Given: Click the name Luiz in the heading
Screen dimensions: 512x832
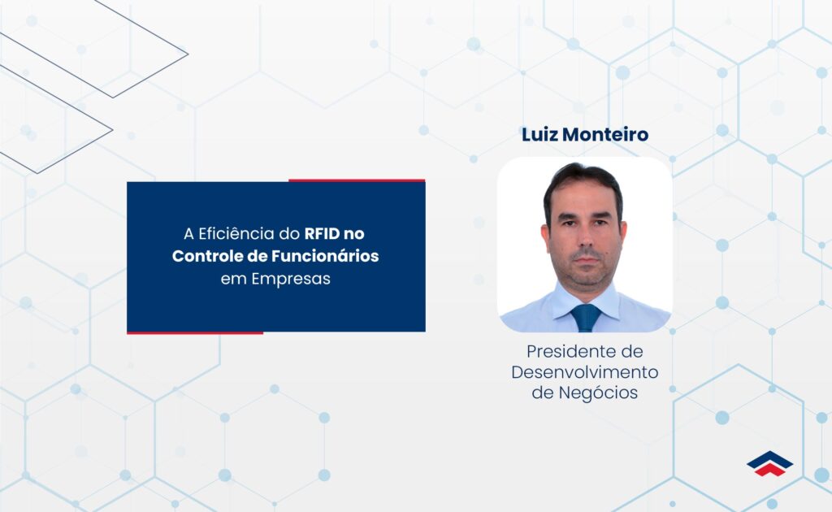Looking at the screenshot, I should [x=537, y=135].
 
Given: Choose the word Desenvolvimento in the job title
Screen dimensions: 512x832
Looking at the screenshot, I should [x=585, y=372].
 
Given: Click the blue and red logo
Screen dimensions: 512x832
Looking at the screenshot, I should [x=769, y=463].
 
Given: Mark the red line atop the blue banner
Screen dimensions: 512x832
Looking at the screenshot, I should [x=357, y=180].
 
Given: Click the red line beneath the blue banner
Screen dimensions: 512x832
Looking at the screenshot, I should [x=195, y=332].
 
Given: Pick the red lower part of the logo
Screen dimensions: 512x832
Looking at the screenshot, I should [x=770, y=470].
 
